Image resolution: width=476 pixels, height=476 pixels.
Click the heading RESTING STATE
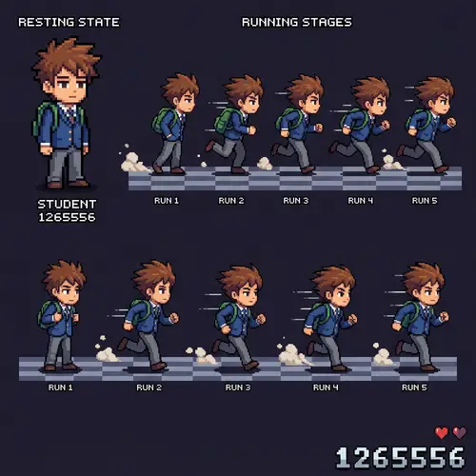[x=69, y=22]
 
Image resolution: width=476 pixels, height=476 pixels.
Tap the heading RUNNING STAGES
[x=296, y=22]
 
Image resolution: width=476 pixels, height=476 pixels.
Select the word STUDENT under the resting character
[x=67, y=204]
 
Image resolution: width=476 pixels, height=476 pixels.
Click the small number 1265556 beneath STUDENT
[x=67, y=217]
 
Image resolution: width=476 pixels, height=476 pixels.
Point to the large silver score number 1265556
[x=401, y=458]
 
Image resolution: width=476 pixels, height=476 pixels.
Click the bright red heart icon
[x=441, y=433]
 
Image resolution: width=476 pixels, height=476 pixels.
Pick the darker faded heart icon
[x=460, y=433]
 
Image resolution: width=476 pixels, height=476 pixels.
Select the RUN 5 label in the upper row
[x=425, y=201]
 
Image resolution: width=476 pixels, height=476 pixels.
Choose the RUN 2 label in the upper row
[x=231, y=201]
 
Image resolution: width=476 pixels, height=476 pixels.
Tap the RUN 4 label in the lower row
[x=326, y=387]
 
